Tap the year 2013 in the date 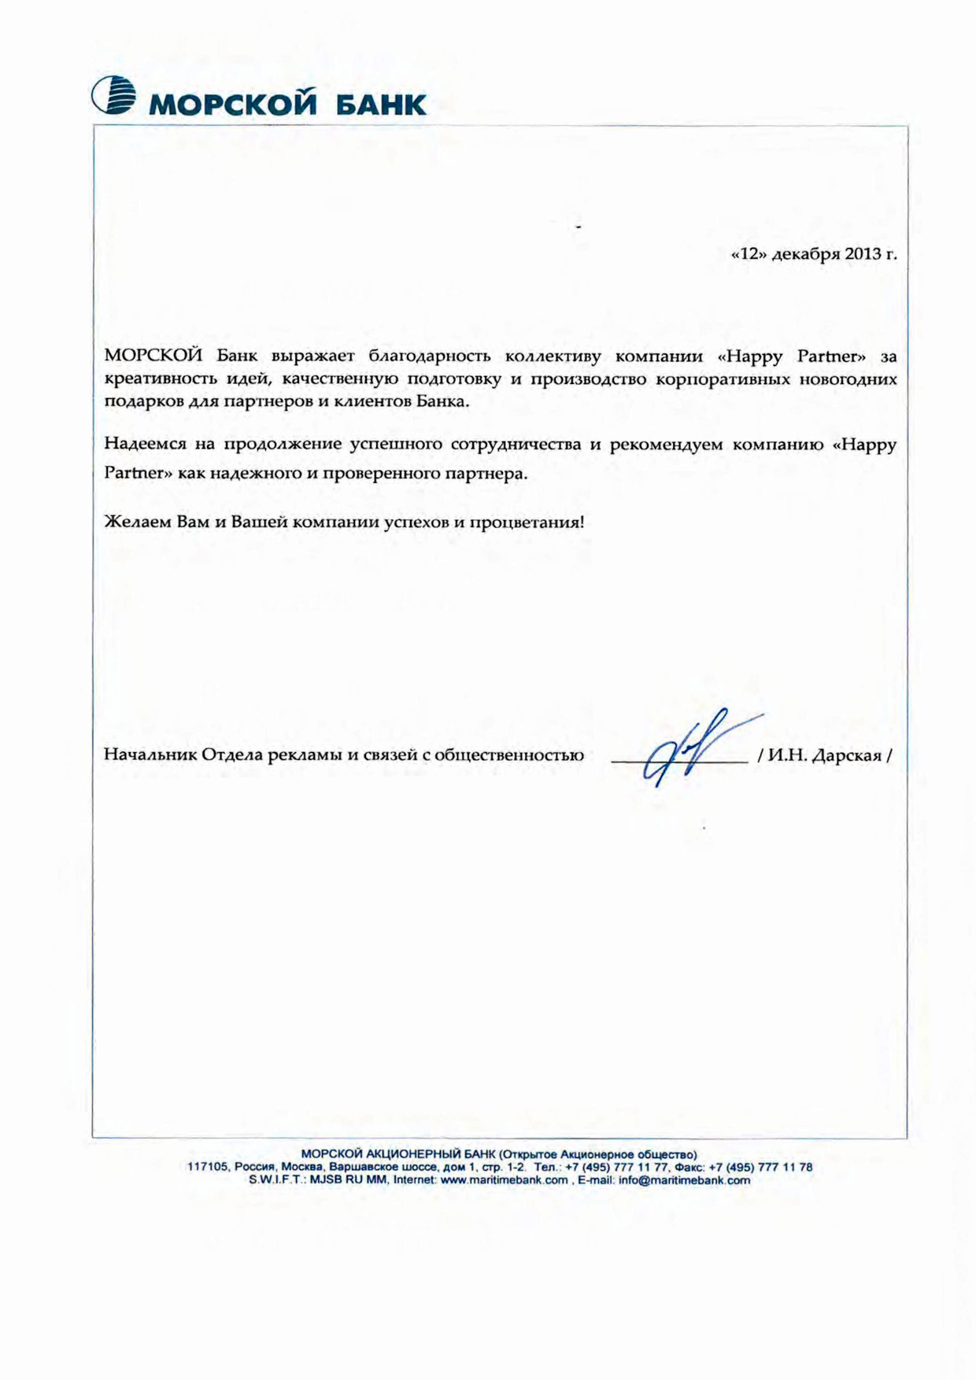[863, 255]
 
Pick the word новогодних [855, 379]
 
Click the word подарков [139, 401]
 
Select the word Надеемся [145, 445]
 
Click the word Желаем [137, 522]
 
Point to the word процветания [526, 522]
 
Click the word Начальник [150, 755]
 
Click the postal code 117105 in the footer [207, 1168]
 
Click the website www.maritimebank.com [504, 1180]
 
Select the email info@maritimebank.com [684, 1180]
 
